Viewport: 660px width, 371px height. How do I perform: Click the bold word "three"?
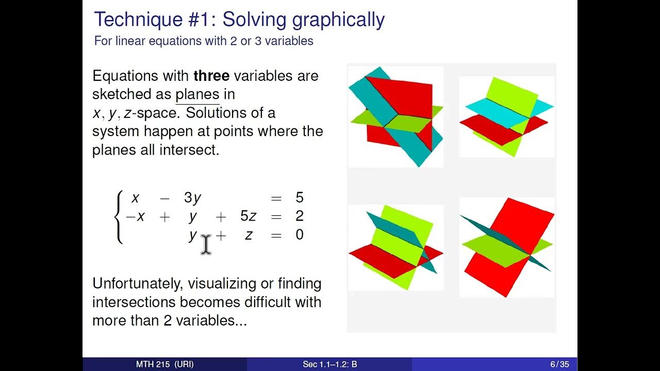[211, 76]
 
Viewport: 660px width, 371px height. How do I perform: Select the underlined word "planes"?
[197, 95]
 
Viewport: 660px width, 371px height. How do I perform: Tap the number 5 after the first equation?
[300, 198]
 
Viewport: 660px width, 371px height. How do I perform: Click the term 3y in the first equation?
[192, 198]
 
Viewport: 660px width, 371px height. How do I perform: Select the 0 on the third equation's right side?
[300, 235]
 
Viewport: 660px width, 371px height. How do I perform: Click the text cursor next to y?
[206, 244]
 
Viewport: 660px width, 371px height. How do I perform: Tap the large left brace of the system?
[119, 216]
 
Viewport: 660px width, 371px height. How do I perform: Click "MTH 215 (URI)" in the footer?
[165, 364]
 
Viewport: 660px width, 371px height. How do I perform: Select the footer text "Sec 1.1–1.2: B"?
[330, 364]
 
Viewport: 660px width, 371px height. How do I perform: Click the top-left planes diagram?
[395, 117]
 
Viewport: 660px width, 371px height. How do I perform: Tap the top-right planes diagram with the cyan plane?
[507, 117]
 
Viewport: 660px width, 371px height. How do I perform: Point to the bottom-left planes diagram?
[395, 247]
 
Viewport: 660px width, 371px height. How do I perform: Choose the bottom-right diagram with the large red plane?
[507, 247]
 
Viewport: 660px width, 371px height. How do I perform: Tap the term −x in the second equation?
[136, 216]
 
